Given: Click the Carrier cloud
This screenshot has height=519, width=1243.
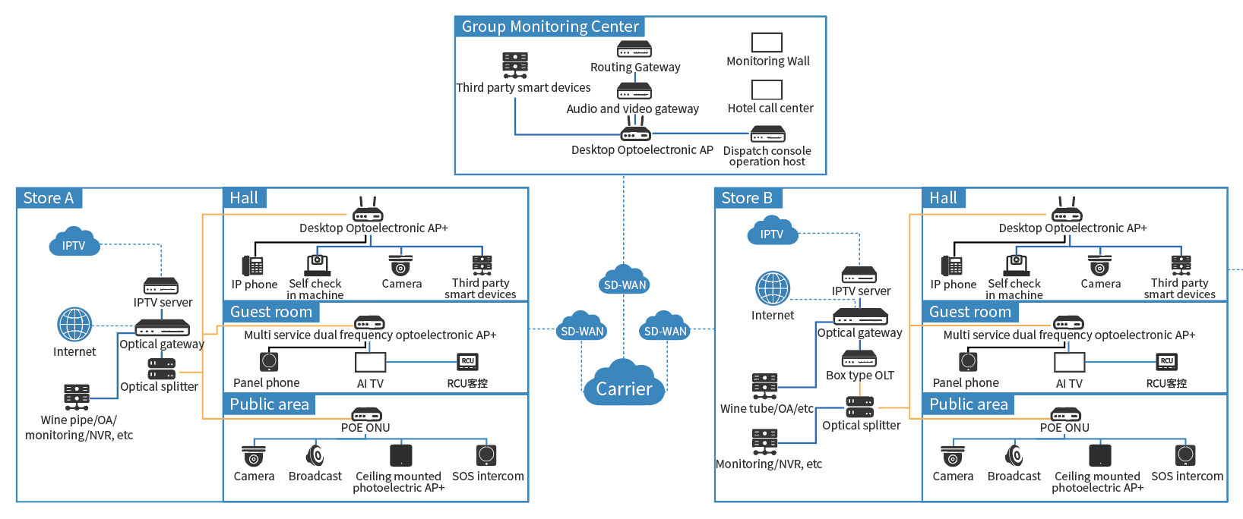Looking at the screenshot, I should coord(624,384).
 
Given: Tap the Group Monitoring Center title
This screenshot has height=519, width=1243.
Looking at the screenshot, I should coord(550,27).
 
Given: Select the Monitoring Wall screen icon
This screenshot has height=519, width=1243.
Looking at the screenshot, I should coord(767,42).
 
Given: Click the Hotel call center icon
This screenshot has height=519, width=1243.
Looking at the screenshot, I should coord(767,90).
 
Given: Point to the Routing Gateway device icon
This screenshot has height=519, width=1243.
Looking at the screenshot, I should coord(634,49).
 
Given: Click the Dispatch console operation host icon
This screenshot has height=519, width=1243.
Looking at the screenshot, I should coord(767,134).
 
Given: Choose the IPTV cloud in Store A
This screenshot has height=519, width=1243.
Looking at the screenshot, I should coord(74,242).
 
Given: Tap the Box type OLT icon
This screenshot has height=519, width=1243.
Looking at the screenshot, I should coord(859,358).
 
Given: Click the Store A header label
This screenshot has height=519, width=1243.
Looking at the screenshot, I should coord(49,198).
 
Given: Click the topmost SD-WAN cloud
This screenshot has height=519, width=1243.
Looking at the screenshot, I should coord(625,281).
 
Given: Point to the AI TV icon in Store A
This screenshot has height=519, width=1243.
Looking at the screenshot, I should coord(371,362).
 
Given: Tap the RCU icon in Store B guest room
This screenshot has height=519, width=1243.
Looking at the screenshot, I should coord(1166,362).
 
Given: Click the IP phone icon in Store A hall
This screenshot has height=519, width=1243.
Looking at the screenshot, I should coord(253,266).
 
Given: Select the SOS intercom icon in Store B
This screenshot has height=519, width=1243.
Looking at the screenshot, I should coord(1185,455).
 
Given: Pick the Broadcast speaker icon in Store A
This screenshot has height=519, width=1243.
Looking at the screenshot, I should coord(315,455).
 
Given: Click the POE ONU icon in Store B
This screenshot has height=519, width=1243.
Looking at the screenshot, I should coord(1065,414).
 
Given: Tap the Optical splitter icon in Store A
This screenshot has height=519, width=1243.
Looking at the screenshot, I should coord(161,369).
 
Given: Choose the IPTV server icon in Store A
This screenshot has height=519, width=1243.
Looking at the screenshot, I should coord(161,286).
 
